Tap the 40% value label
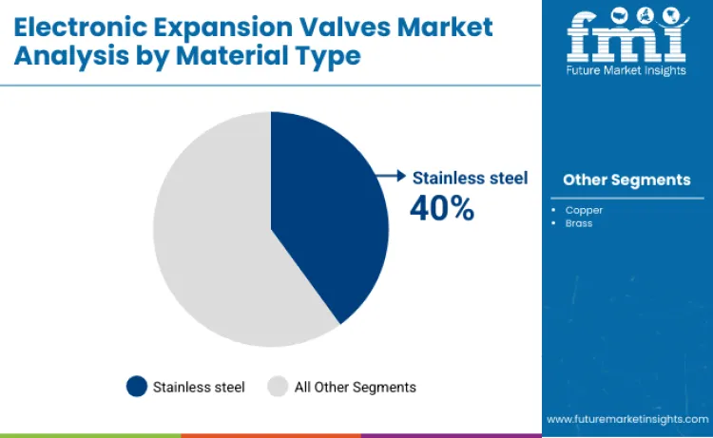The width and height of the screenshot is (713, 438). click(441, 207)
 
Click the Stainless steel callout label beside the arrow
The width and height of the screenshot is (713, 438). click(470, 177)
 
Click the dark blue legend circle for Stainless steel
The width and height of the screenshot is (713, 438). click(137, 386)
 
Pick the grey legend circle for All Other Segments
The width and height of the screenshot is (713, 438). click(278, 386)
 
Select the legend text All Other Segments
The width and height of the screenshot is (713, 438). click(355, 387)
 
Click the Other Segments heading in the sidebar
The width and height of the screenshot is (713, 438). click(626, 180)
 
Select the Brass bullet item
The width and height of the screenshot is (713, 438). click(578, 222)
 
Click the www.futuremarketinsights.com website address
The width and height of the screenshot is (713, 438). click(626, 418)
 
